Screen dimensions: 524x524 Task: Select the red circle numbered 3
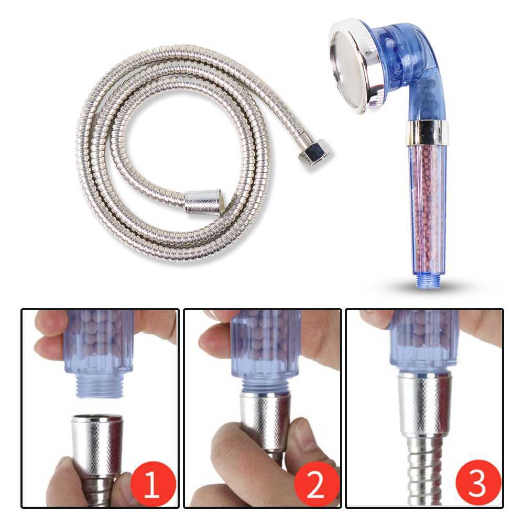477,484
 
